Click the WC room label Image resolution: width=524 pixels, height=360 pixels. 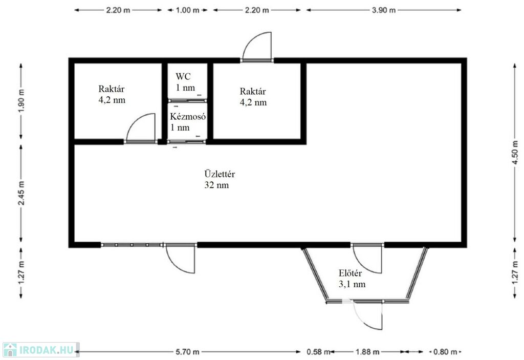coord(185,82)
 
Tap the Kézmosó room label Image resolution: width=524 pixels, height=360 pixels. coord(187,122)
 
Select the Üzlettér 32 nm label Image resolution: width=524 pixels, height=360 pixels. coord(219,179)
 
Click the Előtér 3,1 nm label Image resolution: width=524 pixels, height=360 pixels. coord(352,279)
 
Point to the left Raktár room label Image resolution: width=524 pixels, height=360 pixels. coord(112,94)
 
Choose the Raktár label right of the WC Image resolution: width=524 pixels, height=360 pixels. coord(253,97)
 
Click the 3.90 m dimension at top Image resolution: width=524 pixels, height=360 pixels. coord(384,10)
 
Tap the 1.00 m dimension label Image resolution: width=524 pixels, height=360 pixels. coord(187,10)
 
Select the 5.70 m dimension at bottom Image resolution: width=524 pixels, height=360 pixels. coord(187,352)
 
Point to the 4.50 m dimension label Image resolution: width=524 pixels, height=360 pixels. coord(515,152)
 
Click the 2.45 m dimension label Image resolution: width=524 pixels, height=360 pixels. coord(21,193)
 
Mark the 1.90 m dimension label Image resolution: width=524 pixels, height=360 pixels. coord(21,101)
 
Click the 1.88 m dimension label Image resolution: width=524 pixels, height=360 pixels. coord(367,352)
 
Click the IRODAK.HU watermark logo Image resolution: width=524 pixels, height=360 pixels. coord(41,350)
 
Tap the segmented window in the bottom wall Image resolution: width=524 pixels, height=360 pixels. coord(132,245)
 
